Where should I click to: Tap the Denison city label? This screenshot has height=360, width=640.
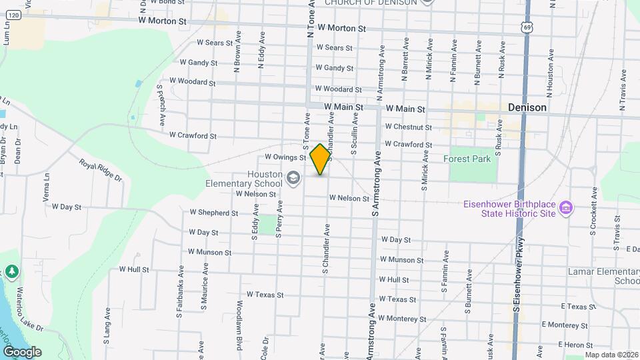click(x=527, y=107)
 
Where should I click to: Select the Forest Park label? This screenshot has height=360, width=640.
click(x=467, y=159)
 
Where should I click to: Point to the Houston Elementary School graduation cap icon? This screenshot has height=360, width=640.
click(x=293, y=178)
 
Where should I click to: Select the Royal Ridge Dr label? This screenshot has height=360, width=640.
click(x=101, y=171)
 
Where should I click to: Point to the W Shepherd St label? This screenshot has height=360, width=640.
click(x=213, y=213)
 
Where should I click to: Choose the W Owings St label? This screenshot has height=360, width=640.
click(x=285, y=157)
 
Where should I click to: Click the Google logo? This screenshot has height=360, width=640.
click(x=21, y=351)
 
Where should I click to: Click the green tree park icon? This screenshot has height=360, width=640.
click(x=11, y=272)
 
